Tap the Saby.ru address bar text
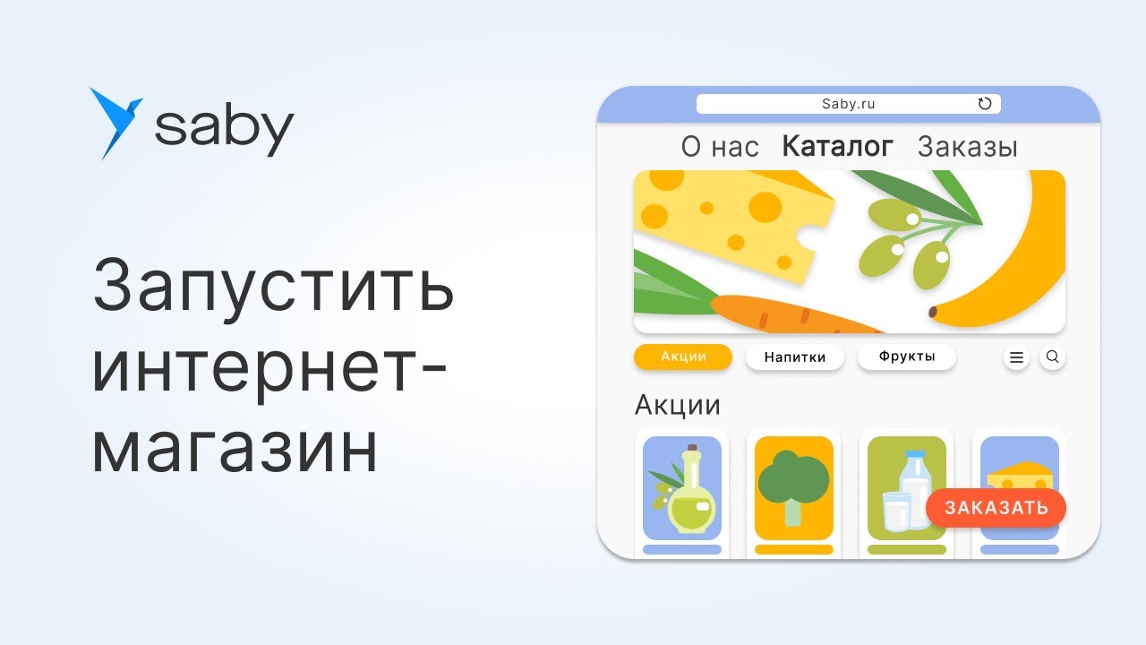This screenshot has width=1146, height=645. coord(848,104)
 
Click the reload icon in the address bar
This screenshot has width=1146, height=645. coord(985,104)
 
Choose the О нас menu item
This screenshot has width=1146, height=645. coord(720,147)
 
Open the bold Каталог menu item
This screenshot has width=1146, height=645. coord(838,147)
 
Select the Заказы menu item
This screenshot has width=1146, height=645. coord(968,147)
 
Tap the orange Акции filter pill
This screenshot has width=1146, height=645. coord(683,357)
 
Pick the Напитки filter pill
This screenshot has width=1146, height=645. coord(794,357)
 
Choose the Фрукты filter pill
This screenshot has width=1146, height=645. coord(907,357)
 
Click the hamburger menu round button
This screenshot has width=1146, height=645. coord(1016,357)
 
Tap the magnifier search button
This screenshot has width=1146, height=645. coord(1053,357)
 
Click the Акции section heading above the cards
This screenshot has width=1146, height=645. coord(678,405)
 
